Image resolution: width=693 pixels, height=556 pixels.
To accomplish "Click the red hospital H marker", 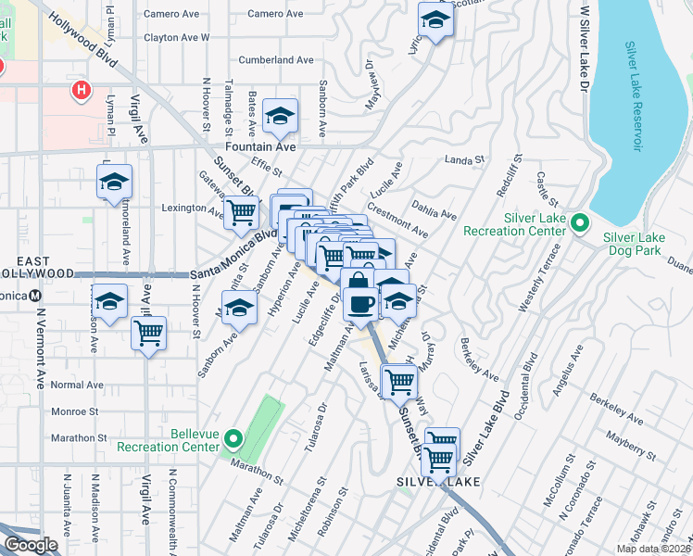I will (x=82, y=90).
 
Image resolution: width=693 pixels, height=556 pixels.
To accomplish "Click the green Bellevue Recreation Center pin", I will (x=233, y=438).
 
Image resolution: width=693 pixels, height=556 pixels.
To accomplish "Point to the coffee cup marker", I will (x=359, y=302).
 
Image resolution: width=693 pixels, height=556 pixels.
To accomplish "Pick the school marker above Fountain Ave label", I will (x=279, y=116).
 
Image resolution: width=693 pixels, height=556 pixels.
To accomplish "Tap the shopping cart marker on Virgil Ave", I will (x=148, y=332).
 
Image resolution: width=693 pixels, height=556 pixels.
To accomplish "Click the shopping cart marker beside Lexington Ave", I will (x=242, y=211).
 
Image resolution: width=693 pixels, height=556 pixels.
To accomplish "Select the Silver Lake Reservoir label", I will (x=635, y=96).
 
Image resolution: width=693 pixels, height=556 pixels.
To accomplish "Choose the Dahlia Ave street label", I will (x=435, y=213).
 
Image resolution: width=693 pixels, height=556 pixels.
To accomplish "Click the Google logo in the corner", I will (x=31, y=545).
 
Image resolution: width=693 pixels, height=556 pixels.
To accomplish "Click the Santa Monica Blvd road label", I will (x=235, y=259).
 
